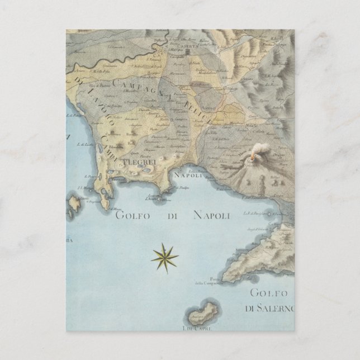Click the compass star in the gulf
click(164, 257)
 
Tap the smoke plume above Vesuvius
click(260, 150)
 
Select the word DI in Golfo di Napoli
click(171, 215)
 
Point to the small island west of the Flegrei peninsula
click(74, 202)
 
